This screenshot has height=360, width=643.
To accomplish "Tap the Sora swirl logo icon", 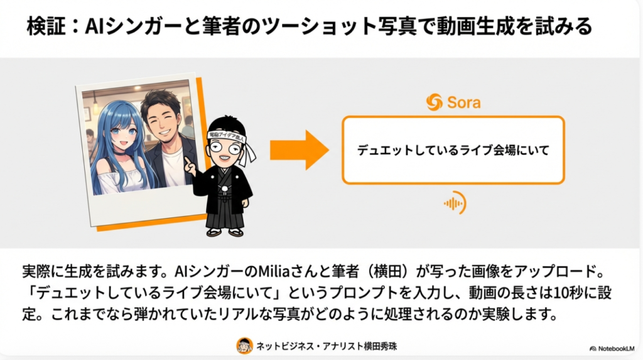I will click(435, 102).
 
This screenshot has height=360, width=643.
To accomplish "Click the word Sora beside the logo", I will click(464, 102).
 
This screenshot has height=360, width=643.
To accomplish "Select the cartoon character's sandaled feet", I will click(225, 232).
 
